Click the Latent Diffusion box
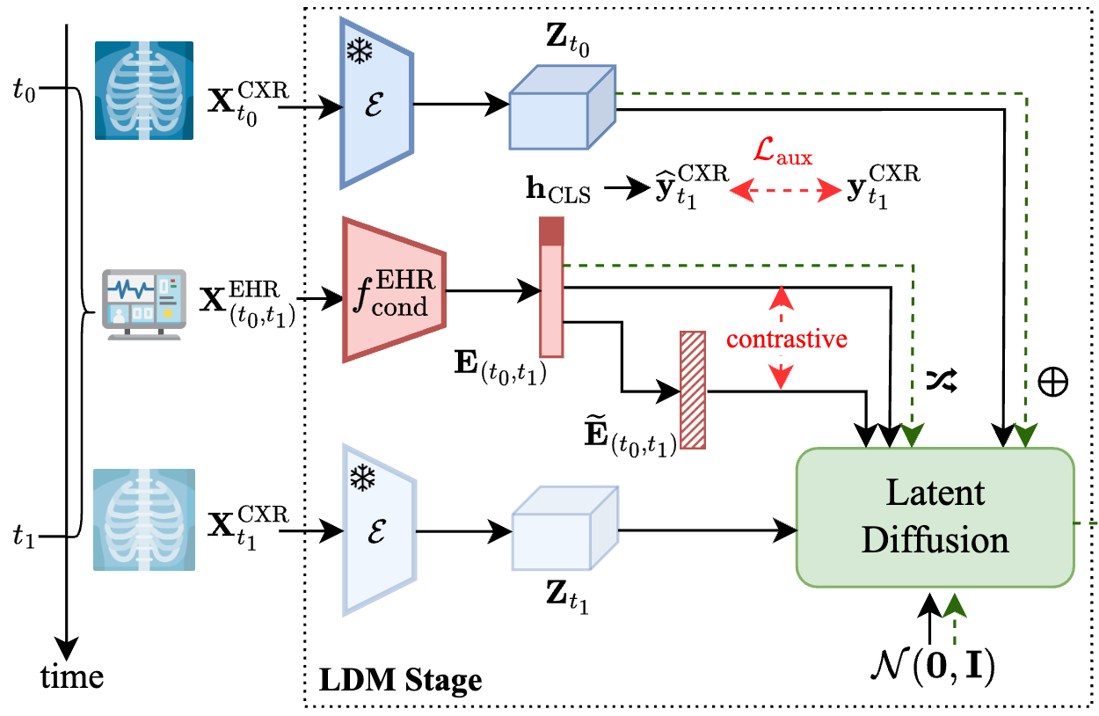coord(935,516)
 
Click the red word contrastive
coord(787,339)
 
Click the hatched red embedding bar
coord(693,390)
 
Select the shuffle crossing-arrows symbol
coord(940,380)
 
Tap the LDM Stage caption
coord(400,679)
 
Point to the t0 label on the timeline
coord(23,91)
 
